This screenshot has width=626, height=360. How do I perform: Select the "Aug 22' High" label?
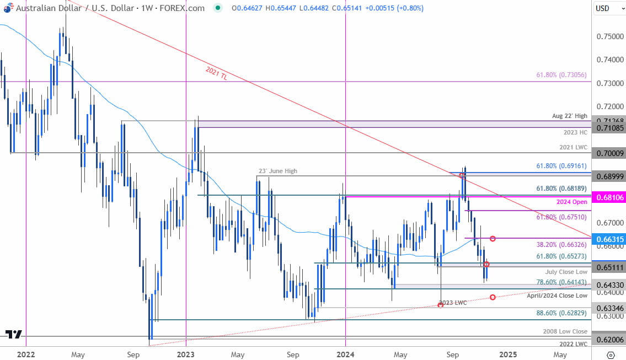570,117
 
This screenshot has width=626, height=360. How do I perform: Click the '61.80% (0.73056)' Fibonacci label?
561,75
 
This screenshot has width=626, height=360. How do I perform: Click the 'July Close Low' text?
566,272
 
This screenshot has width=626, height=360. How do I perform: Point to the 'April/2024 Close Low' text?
557,295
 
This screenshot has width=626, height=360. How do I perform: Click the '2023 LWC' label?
454,303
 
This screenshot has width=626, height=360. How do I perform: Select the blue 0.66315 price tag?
609,238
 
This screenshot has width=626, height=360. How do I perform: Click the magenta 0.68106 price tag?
609,197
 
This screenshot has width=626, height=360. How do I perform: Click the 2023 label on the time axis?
186,353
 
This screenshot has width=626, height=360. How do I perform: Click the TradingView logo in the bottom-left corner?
14,334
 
